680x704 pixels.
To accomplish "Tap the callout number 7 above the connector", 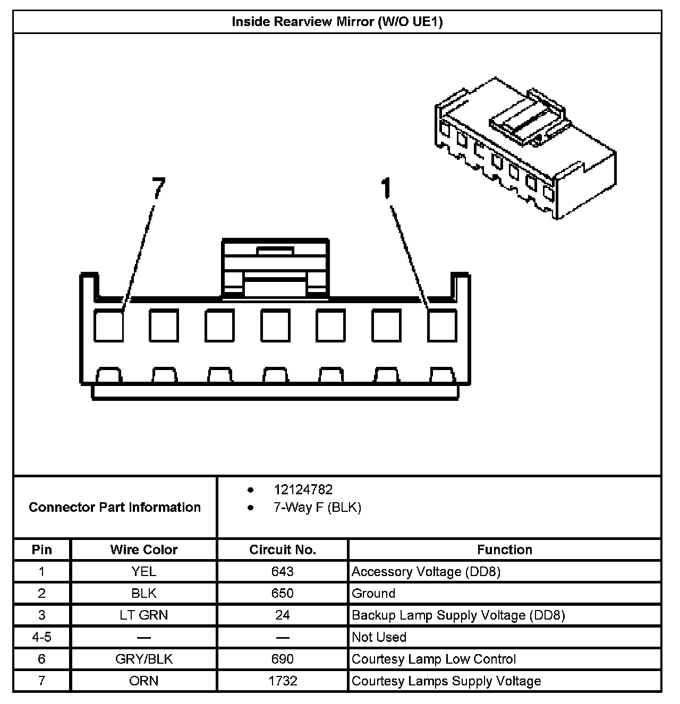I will (x=158, y=188).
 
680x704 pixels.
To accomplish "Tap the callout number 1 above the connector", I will (x=387, y=188).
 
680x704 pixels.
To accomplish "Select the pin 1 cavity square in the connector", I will (x=442, y=325).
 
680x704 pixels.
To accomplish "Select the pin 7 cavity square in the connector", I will (x=109, y=325).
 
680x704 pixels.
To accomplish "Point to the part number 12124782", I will (x=303, y=490).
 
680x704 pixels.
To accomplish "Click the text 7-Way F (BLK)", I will (x=317, y=508).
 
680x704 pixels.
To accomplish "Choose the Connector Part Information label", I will (x=115, y=507).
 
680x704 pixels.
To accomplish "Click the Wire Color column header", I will (x=143, y=550).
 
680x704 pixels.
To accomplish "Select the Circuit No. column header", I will (x=283, y=550).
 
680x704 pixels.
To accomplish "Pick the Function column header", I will (x=504, y=550).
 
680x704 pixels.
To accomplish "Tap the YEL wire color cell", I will (x=143, y=572).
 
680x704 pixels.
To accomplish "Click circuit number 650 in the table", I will (x=283, y=594).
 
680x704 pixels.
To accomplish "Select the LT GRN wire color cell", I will (x=143, y=615).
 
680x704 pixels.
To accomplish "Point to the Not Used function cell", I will (x=379, y=637).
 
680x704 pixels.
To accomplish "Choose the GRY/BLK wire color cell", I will (x=143, y=659).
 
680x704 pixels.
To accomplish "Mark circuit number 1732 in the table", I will (x=283, y=681).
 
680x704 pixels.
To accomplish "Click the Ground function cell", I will (x=373, y=594).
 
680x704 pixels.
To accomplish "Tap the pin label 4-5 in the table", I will (x=41, y=637).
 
